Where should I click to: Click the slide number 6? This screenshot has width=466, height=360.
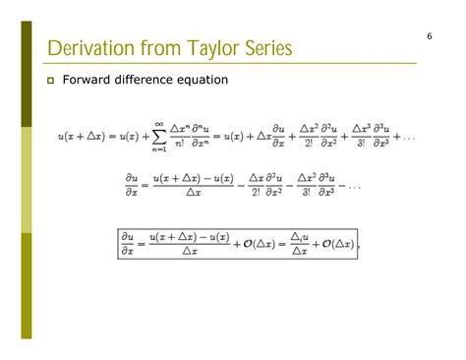click(430, 37)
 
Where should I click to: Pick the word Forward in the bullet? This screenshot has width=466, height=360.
click(91, 80)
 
